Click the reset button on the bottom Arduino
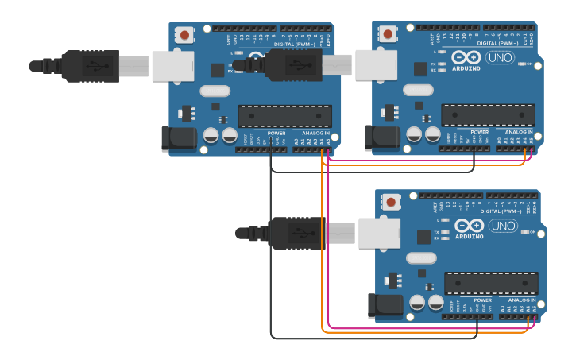click(390, 202)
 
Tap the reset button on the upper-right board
click(388, 34)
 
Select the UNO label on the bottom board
click(502, 226)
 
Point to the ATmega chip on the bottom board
click(491, 284)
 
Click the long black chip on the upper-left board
click(284, 116)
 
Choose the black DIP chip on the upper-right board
click(488, 115)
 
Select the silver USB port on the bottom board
click(379, 233)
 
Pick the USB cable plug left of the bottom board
click(296, 233)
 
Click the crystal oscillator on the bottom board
click(420, 257)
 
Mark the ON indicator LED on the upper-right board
click(520, 64)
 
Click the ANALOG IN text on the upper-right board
click(519, 132)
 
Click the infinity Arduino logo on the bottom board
click(469, 226)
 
